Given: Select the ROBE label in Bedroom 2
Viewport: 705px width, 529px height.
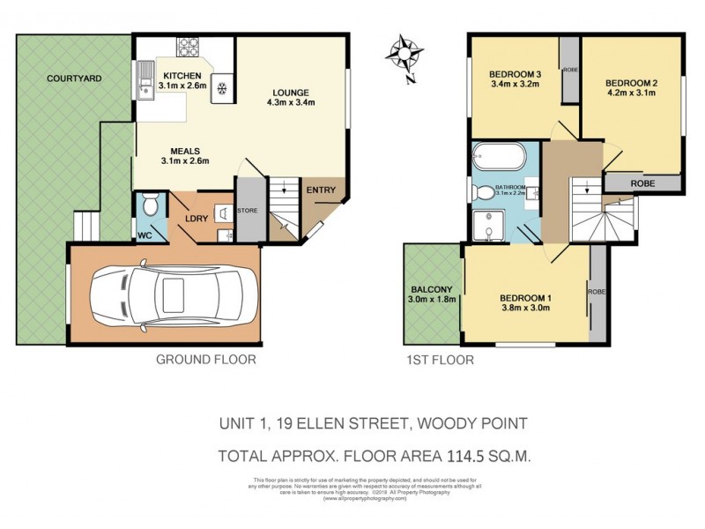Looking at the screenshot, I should (642, 183).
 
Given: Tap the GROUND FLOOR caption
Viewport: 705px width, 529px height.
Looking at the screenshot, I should (206, 360).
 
